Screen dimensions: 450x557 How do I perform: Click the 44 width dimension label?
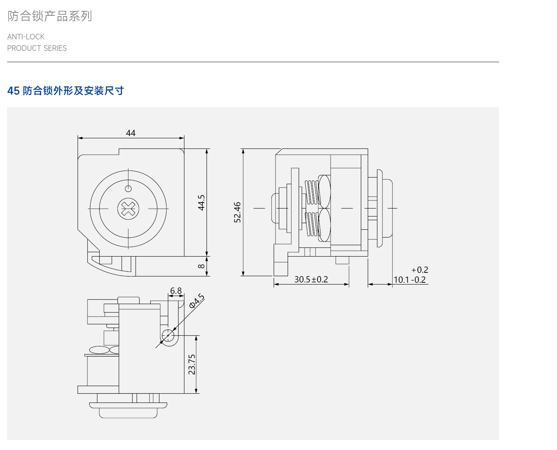pos(130,133)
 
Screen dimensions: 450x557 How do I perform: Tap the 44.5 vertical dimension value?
pos(201,203)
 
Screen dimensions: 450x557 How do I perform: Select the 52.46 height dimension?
pos(237,212)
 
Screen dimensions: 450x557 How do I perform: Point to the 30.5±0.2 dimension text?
pos(311,279)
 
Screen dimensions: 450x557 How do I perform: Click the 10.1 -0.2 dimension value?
pos(410,280)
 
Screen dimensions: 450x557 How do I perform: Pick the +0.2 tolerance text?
pos(420,270)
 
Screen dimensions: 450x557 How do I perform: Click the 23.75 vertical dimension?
pos(192,364)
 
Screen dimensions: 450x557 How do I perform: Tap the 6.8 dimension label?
pos(176,291)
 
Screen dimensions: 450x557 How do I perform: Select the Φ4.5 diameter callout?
pos(197,301)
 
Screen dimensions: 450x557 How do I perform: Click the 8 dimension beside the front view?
pos(201,266)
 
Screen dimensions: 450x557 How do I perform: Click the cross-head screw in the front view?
pos(128,209)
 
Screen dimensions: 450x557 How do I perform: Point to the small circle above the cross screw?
pos(128,189)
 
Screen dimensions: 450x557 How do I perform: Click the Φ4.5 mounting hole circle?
pos(168,335)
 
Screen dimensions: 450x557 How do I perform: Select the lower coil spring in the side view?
pos(313,224)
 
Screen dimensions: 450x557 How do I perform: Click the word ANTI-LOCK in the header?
pos(26,37)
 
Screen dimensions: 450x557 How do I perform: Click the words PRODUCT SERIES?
pos(37,48)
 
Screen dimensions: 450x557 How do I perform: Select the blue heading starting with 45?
pos(65,91)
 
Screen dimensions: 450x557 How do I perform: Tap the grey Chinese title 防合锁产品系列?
pos(50,16)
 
